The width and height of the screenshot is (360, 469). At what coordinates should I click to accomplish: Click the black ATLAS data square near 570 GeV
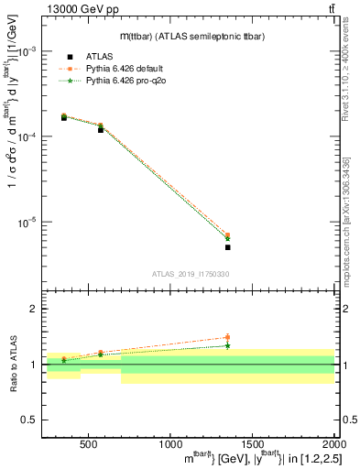pyautogui.click(x=101, y=130)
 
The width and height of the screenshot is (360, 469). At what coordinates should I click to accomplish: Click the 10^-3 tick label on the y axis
pyautogui.click(x=30, y=51)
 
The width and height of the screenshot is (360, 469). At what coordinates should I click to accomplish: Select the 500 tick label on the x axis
pyautogui.click(x=89, y=443)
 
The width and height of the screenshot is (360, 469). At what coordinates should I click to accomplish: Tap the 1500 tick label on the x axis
pyautogui.click(x=252, y=443)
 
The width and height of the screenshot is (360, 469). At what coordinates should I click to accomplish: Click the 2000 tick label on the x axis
pyautogui.click(x=332, y=443)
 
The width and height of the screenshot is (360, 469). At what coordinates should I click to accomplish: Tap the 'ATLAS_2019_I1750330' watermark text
pyautogui.click(x=191, y=274)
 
